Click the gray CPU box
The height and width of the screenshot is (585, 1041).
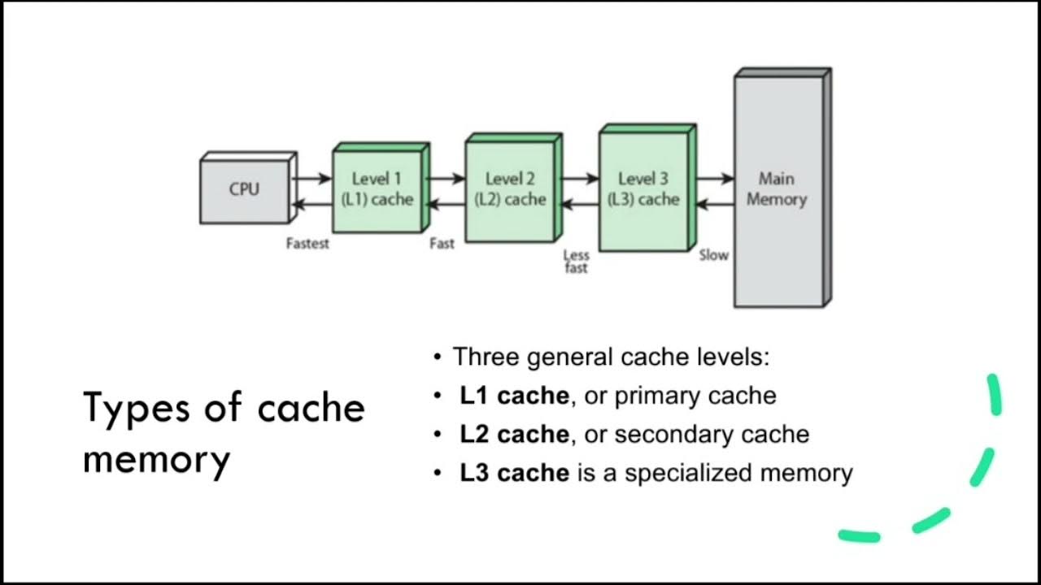[244, 190]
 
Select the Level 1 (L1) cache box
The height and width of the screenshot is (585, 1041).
[377, 189]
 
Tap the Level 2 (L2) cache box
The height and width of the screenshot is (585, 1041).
[511, 189]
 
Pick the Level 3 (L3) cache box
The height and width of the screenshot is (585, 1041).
[644, 189]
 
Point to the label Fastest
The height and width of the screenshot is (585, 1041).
[307, 244]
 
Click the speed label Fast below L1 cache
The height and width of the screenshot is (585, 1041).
[442, 244]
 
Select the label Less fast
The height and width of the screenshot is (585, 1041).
[576, 262]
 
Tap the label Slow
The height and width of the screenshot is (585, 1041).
[713, 255]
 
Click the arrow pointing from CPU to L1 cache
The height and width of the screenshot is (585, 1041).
[311, 178]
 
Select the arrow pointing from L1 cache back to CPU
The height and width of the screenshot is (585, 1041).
[311, 206]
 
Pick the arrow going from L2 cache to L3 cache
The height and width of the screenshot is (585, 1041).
[579, 178]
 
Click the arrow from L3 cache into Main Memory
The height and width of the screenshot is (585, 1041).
[714, 178]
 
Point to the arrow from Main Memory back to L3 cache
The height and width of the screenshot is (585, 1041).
[714, 206]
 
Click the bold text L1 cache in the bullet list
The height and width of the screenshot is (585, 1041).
[514, 396]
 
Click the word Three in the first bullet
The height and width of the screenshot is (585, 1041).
[489, 357]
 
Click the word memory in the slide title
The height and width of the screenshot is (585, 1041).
[156, 459]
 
